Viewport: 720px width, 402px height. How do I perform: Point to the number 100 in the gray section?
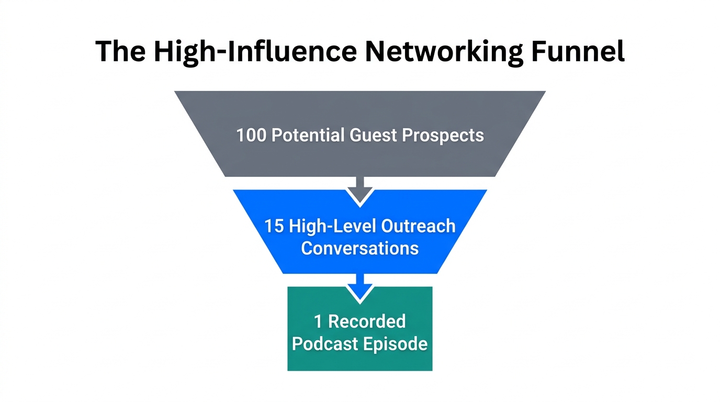point(252,136)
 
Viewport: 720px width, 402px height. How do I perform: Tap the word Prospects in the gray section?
point(443,136)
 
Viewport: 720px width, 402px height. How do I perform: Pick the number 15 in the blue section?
point(274,227)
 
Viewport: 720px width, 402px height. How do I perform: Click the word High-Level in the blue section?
point(333,227)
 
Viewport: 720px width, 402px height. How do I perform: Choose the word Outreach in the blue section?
point(419,227)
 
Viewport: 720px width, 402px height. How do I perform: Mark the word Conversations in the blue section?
point(360,248)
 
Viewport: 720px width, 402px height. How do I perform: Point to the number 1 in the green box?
point(318,321)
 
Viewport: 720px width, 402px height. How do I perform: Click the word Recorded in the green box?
point(367,321)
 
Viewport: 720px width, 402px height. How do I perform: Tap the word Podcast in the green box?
point(324,344)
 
